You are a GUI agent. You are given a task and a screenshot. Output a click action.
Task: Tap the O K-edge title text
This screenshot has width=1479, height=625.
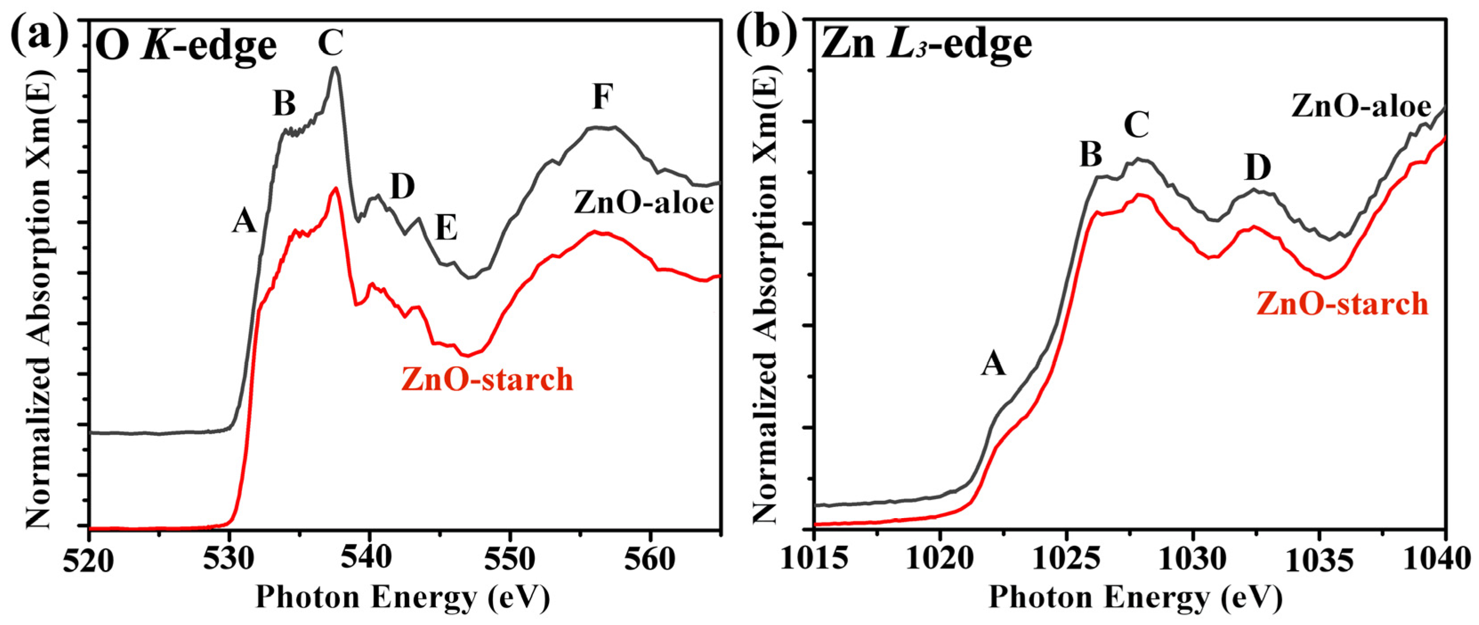pos(186,46)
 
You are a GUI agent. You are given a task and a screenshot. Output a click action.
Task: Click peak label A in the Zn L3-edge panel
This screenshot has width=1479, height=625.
pos(993,364)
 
